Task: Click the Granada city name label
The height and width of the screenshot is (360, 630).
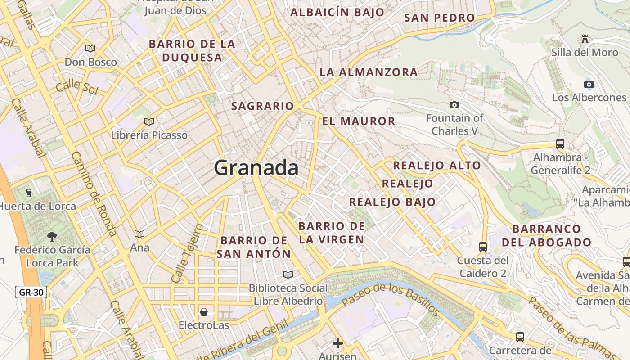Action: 256,168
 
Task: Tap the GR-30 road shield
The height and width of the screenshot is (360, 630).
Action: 31,292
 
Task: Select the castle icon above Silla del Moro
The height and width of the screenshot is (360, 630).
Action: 585,39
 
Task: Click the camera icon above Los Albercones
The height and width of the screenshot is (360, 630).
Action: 589,84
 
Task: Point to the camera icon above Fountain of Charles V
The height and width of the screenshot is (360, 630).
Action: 454,105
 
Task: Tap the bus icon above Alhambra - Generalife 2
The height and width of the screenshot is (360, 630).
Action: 560,144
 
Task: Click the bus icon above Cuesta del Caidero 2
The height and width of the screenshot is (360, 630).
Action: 482,247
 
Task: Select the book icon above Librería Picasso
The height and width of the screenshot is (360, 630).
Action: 149,121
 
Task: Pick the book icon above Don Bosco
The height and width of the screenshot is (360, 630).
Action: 90,48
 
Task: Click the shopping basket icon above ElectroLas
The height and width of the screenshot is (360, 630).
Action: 204,311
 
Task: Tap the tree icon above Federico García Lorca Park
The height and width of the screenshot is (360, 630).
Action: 52,236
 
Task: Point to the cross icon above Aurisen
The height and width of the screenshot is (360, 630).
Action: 337,343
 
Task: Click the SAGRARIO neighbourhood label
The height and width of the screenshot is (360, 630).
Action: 262,106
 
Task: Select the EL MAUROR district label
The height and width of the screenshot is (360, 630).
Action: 359,121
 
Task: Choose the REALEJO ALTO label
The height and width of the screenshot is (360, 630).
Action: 437,166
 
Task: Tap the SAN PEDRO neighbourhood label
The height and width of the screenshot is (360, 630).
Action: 439,18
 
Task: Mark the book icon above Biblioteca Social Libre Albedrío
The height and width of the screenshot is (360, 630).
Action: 288,274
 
